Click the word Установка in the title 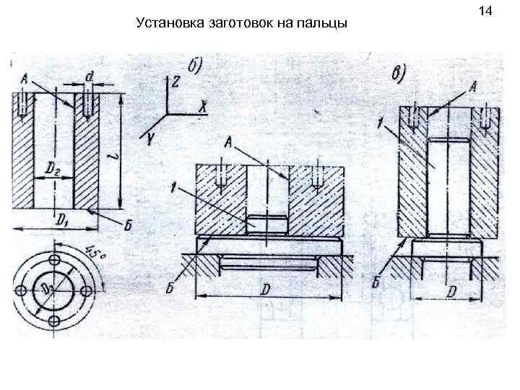(x=167, y=25)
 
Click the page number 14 (x=485, y=11)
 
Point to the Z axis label (x=175, y=82)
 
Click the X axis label (x=204, y=108)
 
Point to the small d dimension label (x=89, y=76)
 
